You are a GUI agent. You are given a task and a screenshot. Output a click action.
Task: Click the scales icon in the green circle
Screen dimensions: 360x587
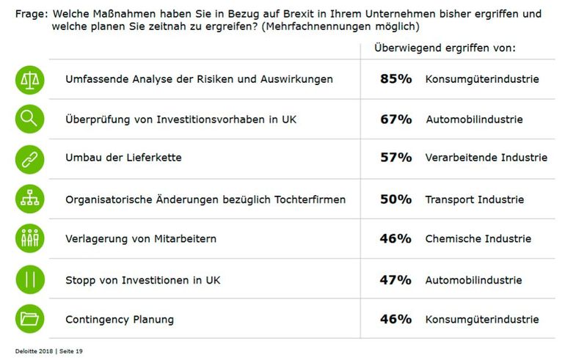[30, 78]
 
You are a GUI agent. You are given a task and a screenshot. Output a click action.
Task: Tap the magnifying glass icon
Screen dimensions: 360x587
[30, 119]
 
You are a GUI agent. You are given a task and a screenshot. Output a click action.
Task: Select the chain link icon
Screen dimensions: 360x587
[30, 158]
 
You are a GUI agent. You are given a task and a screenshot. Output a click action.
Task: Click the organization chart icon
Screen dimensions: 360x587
[30, 199]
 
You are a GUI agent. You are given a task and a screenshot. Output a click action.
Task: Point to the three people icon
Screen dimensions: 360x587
[30, 238]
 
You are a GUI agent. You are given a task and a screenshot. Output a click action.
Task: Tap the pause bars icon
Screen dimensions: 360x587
[30, 279]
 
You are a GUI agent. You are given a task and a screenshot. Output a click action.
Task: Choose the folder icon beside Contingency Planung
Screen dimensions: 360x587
[30, 319]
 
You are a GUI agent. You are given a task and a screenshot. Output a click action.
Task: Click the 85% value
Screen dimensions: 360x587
[395, 78]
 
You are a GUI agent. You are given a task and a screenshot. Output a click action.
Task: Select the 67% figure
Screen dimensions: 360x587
[395, 119]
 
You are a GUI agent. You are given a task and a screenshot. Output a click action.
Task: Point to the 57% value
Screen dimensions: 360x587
[395, 158]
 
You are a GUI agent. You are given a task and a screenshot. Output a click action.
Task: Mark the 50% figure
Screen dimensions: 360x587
[395, 199]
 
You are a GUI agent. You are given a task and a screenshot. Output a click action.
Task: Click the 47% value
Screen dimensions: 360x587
[395, 279]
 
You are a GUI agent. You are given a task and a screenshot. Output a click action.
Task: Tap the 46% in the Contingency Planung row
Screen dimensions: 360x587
[395, 319]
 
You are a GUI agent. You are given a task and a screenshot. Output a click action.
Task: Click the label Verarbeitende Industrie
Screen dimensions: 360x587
[486, 158]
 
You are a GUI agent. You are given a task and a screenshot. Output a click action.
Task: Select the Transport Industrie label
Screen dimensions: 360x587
[474, 199]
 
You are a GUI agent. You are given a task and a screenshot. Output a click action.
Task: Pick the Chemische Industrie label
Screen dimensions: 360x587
[478, 239]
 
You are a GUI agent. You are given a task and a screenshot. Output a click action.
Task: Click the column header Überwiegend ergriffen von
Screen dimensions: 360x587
[445, 48]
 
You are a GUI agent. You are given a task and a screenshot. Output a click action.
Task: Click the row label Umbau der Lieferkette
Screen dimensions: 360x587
[123, 158]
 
